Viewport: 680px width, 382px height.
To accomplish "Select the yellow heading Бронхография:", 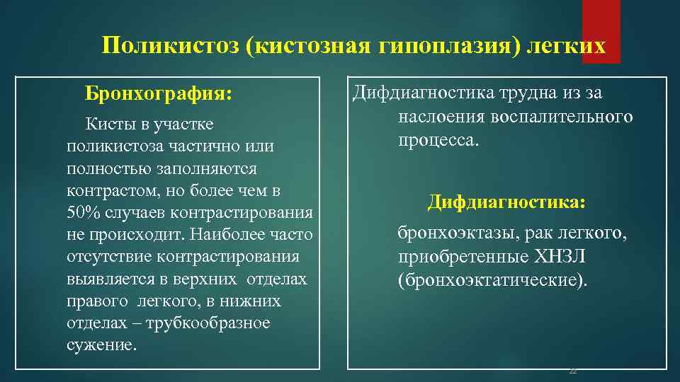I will (x=158, y=93).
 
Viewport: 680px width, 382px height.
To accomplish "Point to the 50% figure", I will (x=83, y=214).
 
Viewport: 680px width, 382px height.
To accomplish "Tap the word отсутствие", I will (x=106, y=257).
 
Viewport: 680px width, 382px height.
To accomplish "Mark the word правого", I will (x=95, y=302).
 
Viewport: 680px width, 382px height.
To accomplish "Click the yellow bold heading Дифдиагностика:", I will (x=506, y=203).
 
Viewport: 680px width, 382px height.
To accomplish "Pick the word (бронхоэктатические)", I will (x=493, y=280).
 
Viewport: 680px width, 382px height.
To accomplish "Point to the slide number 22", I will (x=573, y=371).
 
